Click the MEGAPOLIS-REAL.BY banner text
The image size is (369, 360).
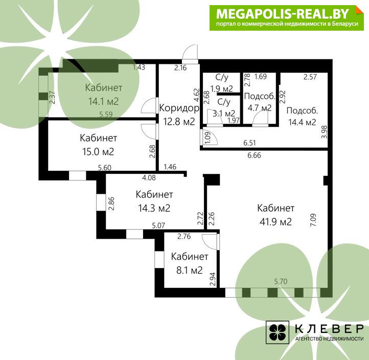click(x=283, y=14)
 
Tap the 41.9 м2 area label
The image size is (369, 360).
click(x=275, y=222)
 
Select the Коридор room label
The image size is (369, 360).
click(x=179, y=108)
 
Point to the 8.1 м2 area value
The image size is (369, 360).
click(x=190, y=271)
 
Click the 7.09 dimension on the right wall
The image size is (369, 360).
click(x=313, y=220)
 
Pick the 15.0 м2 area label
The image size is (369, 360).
click(x=98, y=152)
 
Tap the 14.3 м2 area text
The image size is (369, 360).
click(x=154, y=208)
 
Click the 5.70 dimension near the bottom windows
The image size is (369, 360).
click(x=281, y=281)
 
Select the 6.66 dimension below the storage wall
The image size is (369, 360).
click(x=254, y=155)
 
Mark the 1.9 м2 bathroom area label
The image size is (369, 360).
click(x=221, y=89)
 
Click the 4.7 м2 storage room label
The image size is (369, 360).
click(x=260, y=108)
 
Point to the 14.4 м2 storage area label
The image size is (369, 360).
click(x=302, y=122)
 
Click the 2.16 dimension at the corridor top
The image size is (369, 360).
click(x=180, y=68)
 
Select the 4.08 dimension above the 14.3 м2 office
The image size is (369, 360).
click(x=149, y=177)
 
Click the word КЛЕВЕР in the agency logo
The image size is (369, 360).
click(x=329, y=329)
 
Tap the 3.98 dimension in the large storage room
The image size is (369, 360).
click(x=324, y=132)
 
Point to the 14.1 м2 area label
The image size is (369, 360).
click(x=103, y=101)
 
